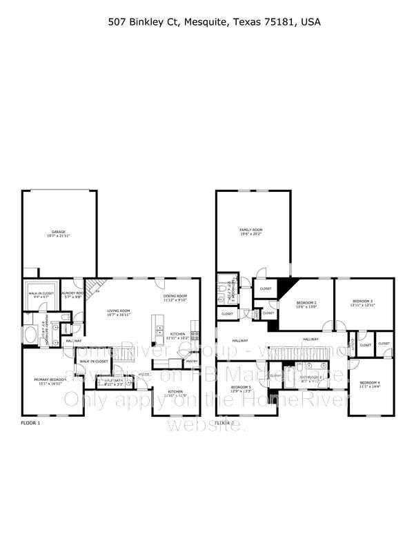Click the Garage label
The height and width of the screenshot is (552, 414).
(x=58, y=232)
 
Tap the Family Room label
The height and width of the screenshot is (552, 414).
(x=251, y=230)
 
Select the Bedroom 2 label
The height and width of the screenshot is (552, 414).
(x=306, y=303)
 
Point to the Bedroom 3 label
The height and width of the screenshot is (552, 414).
(x=362, y=301)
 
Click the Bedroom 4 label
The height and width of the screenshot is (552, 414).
(x=370, y=382)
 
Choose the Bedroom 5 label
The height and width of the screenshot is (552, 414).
(x=241, y=387)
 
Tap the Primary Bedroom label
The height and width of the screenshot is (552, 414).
(x=51, y=379)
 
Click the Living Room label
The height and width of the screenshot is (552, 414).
(x=119, y=311)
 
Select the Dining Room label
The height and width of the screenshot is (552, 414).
(x=175, y=296)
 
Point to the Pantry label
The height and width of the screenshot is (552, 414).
(x=191, y=361)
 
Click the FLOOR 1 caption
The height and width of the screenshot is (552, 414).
(x=30, y=422)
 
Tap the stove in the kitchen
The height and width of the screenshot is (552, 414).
(x=195, y=336)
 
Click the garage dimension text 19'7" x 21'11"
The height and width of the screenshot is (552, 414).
(x=58, y=237)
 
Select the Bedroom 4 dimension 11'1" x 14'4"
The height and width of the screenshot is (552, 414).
(x=370, y=387)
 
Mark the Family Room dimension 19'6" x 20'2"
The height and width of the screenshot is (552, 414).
(x=251, y=235)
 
